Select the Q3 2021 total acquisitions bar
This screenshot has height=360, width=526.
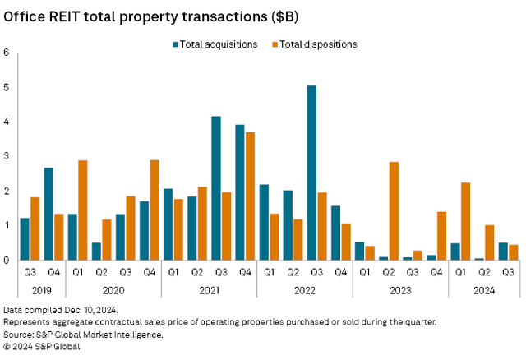[x=215, y=188]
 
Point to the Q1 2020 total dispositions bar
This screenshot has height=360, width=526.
[x=82, y=210]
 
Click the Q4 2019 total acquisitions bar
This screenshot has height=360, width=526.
[x=48, y=214]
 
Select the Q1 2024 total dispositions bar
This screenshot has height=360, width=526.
[x=465, y=221]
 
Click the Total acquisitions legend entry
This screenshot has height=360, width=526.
[x=215, y=44]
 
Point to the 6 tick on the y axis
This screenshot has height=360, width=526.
[x=7, y=53]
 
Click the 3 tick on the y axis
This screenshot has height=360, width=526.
[x=7, y=156]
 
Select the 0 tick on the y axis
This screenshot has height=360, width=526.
[x=7, y=260]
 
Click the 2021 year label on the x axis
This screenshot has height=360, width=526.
[x=209, y=289]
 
